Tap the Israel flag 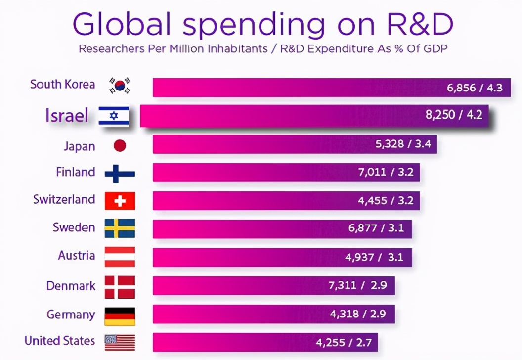114,116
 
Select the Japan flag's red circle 120,145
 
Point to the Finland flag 120,173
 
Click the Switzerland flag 120,201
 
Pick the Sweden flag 120,228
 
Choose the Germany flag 120,316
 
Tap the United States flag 120,342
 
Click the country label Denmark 71,286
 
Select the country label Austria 76,256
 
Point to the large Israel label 67,116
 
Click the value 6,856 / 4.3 475,88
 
